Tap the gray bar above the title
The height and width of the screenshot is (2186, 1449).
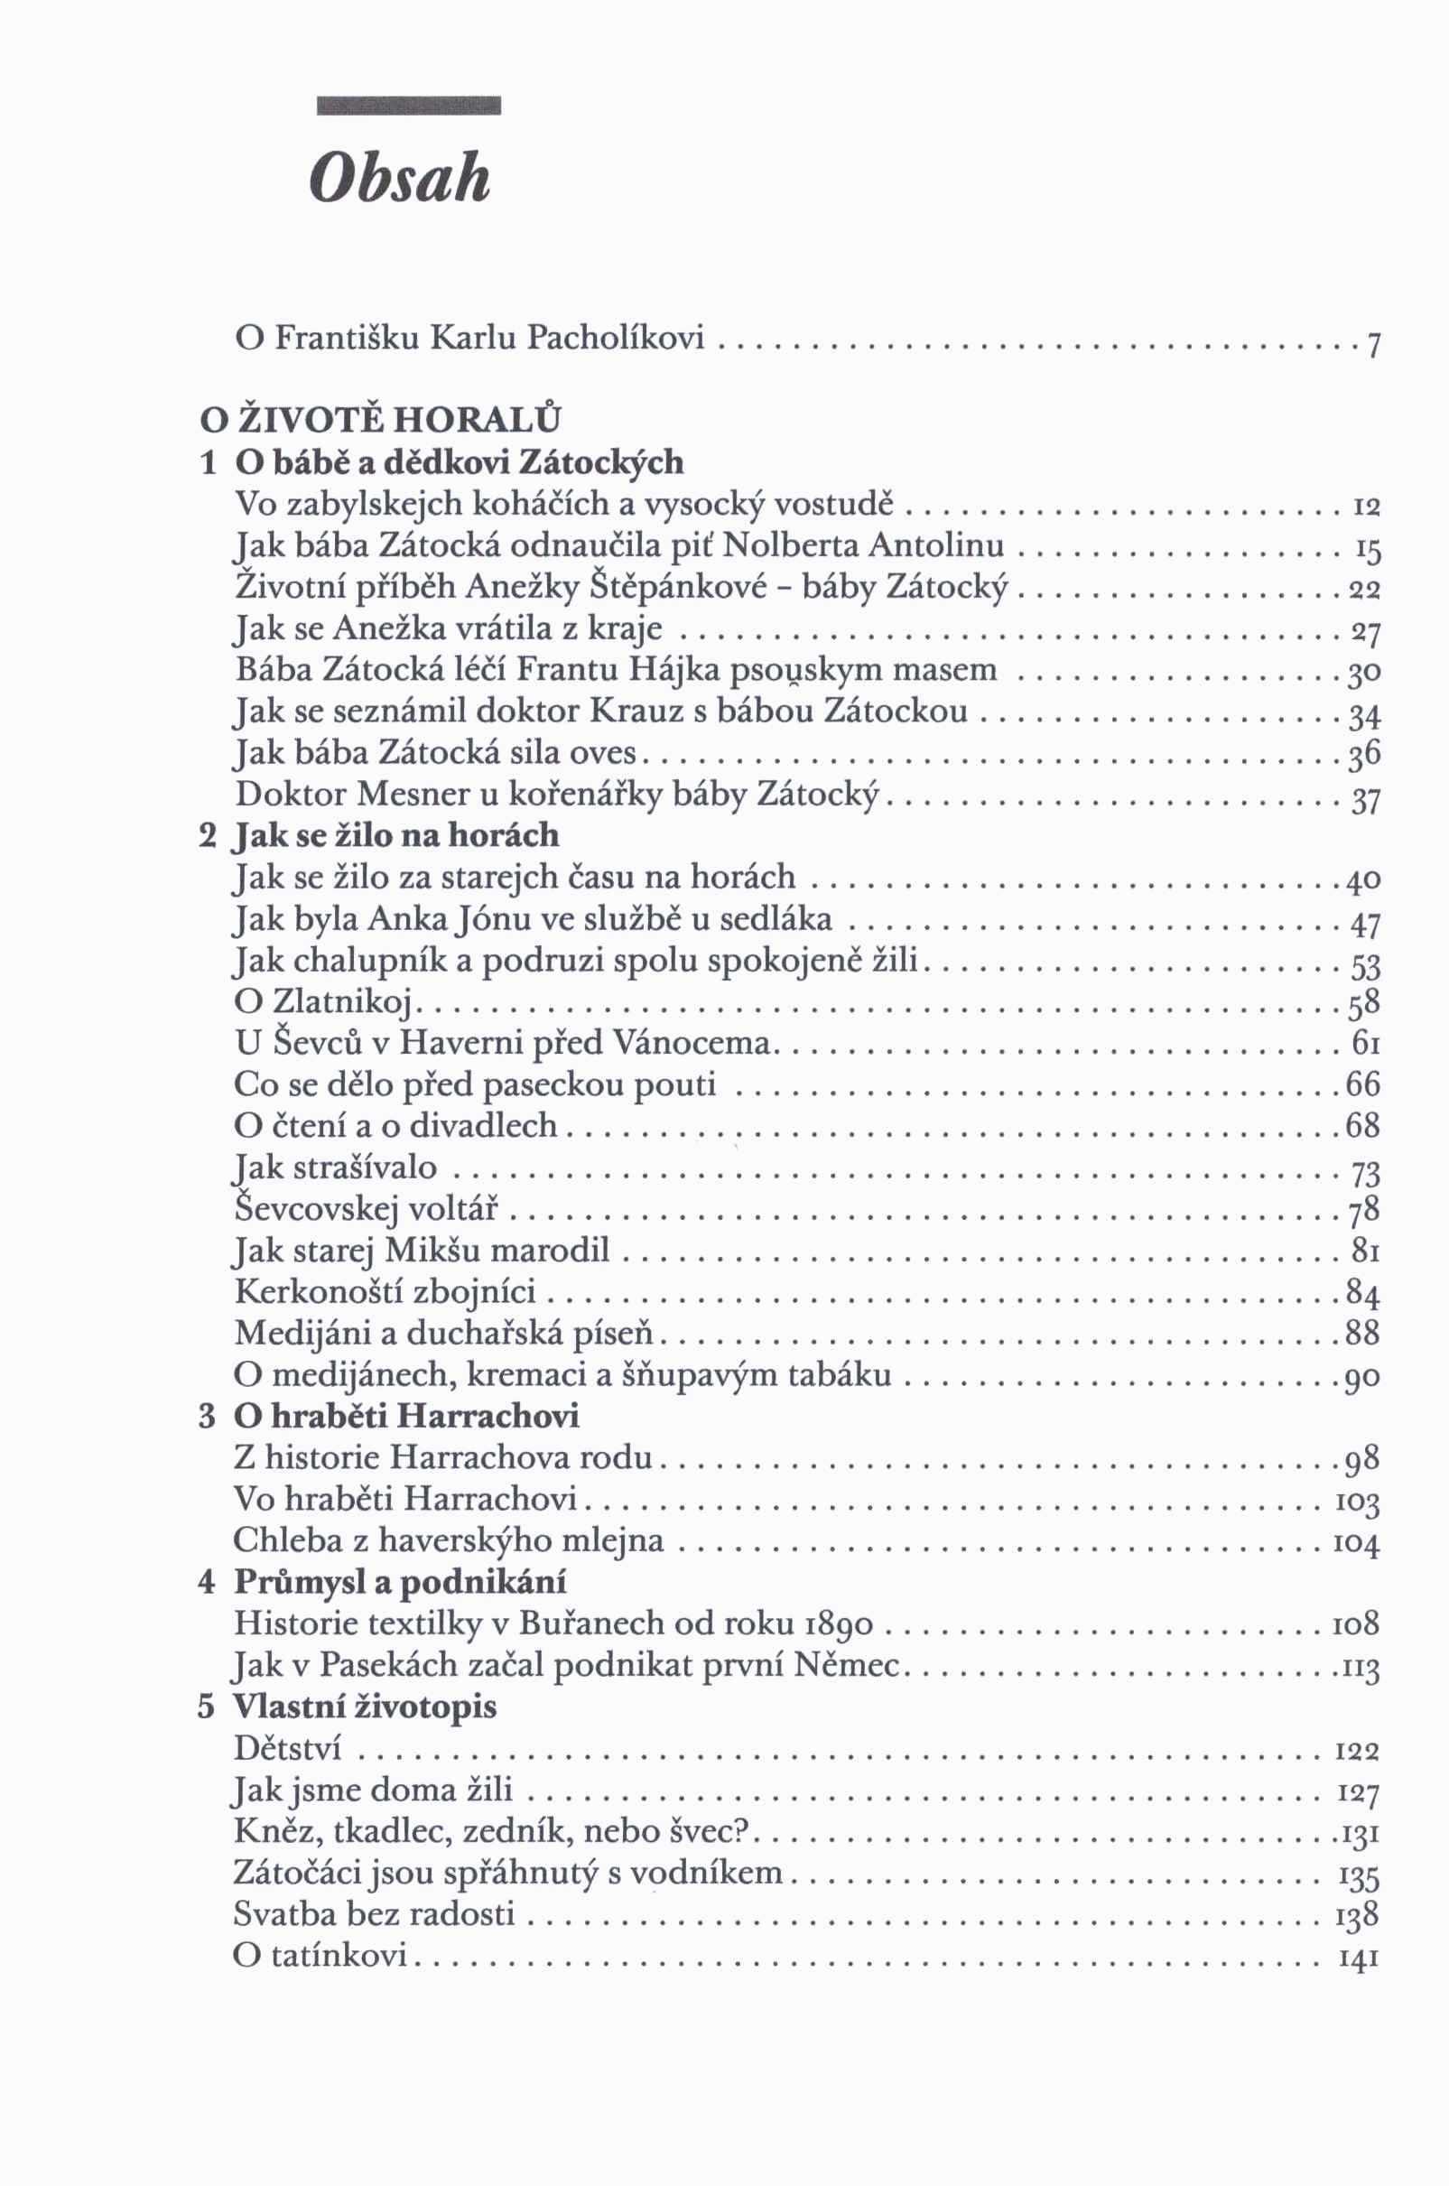click(407, 106)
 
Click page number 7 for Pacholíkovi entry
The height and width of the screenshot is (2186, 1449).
click(1373, 347)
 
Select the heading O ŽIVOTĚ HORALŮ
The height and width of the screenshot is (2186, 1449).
click(380, 420)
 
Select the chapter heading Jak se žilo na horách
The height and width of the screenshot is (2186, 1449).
click(397, 835)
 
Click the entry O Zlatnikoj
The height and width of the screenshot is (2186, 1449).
click(328, 1002)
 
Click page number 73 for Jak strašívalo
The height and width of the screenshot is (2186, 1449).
click(1365, 1173)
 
